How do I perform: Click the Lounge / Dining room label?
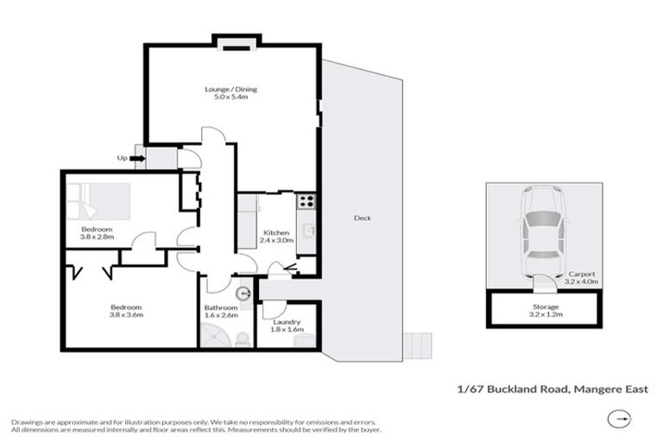pos(230,89)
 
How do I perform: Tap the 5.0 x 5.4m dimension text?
pos(230,98)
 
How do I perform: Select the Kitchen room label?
pos(275,233)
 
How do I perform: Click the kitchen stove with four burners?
pos(306,200)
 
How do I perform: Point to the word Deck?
pos(363,218)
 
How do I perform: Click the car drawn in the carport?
pos(543,232)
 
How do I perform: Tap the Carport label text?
pos(581,274)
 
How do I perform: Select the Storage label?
pos(545,306)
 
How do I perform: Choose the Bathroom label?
pos(220,307)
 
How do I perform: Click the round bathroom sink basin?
pos(243,292)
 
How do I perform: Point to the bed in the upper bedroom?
pos(99,201)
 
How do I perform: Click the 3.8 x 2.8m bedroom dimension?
pos(98,237)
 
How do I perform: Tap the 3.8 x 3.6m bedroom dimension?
pos(125,316)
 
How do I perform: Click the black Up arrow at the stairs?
pos(136,158)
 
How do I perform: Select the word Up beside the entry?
pos(123,158)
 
